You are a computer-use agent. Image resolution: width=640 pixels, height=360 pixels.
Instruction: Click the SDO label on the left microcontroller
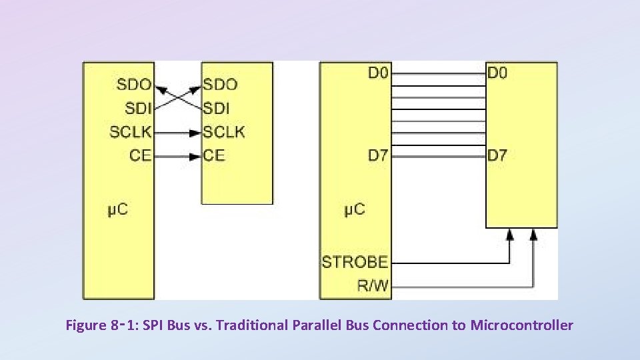pyautogui.click(x=134, y=85)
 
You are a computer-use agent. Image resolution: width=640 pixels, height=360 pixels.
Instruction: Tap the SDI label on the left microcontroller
pyautogui.click(x=138, y=108)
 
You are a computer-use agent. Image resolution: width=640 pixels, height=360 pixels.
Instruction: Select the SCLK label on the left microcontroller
pyautogui.click(x=131, y=132)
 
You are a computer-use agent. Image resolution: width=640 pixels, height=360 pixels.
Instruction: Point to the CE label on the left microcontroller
pyautogui.click(x=141, y=156)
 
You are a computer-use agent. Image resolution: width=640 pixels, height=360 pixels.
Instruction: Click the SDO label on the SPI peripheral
pyautogui.click(x=221, y=85)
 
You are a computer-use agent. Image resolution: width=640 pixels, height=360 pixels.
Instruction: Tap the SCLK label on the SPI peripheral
pyautogui.click(x=224, y=132)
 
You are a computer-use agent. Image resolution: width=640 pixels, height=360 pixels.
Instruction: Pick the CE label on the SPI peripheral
pyautogui.click(x=214, y=156)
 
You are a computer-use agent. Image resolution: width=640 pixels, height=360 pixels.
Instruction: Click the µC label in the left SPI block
pyautogui.click(x=117, y=210)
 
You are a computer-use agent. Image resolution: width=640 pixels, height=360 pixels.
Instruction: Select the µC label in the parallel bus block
pyautogui.click(x=355, y=210)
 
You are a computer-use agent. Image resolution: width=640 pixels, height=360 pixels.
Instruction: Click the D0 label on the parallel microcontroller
pyautogui.click(x=378, y=73)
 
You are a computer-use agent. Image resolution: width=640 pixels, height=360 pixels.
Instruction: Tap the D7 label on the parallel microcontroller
pyautogui.click(x=378, y=156)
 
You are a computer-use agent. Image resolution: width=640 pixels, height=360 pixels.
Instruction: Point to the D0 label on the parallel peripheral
pyautogui.click(x=497, y=73)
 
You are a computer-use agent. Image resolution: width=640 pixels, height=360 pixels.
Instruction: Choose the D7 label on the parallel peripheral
pyautogui.click(x=497, y=156)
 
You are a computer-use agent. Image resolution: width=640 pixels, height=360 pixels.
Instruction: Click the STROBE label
pyautogui.click(x=355, y=262)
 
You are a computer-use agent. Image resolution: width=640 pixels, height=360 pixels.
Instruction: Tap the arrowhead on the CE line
pyautogui.click(x=195, y=157)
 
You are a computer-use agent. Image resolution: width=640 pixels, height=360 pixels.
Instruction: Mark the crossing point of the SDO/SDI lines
pyautogui.click(x=177, y=96)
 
